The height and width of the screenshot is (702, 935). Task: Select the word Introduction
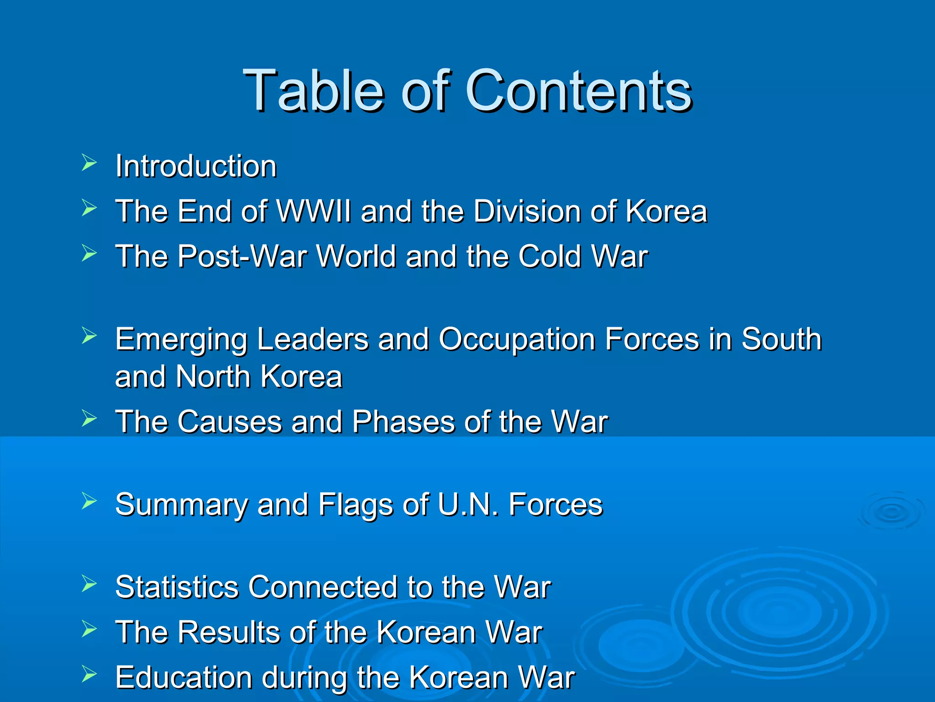coord(196,166)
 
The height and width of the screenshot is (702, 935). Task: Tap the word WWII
coord(314,211)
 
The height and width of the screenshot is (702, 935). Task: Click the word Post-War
coord(242,256)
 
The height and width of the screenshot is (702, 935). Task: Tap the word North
coord(213,377)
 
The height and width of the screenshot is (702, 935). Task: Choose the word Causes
coord(230,421)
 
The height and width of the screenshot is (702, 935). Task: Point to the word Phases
coord(403,421)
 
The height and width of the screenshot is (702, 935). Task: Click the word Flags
coord(355,505)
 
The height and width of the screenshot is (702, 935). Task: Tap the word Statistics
coord(177,587)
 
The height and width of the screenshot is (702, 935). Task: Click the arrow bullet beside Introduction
coord(89,163)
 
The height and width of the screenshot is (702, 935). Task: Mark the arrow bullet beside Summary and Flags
coord(89,501)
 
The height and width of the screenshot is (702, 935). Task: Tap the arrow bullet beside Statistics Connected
coord(89,584)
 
